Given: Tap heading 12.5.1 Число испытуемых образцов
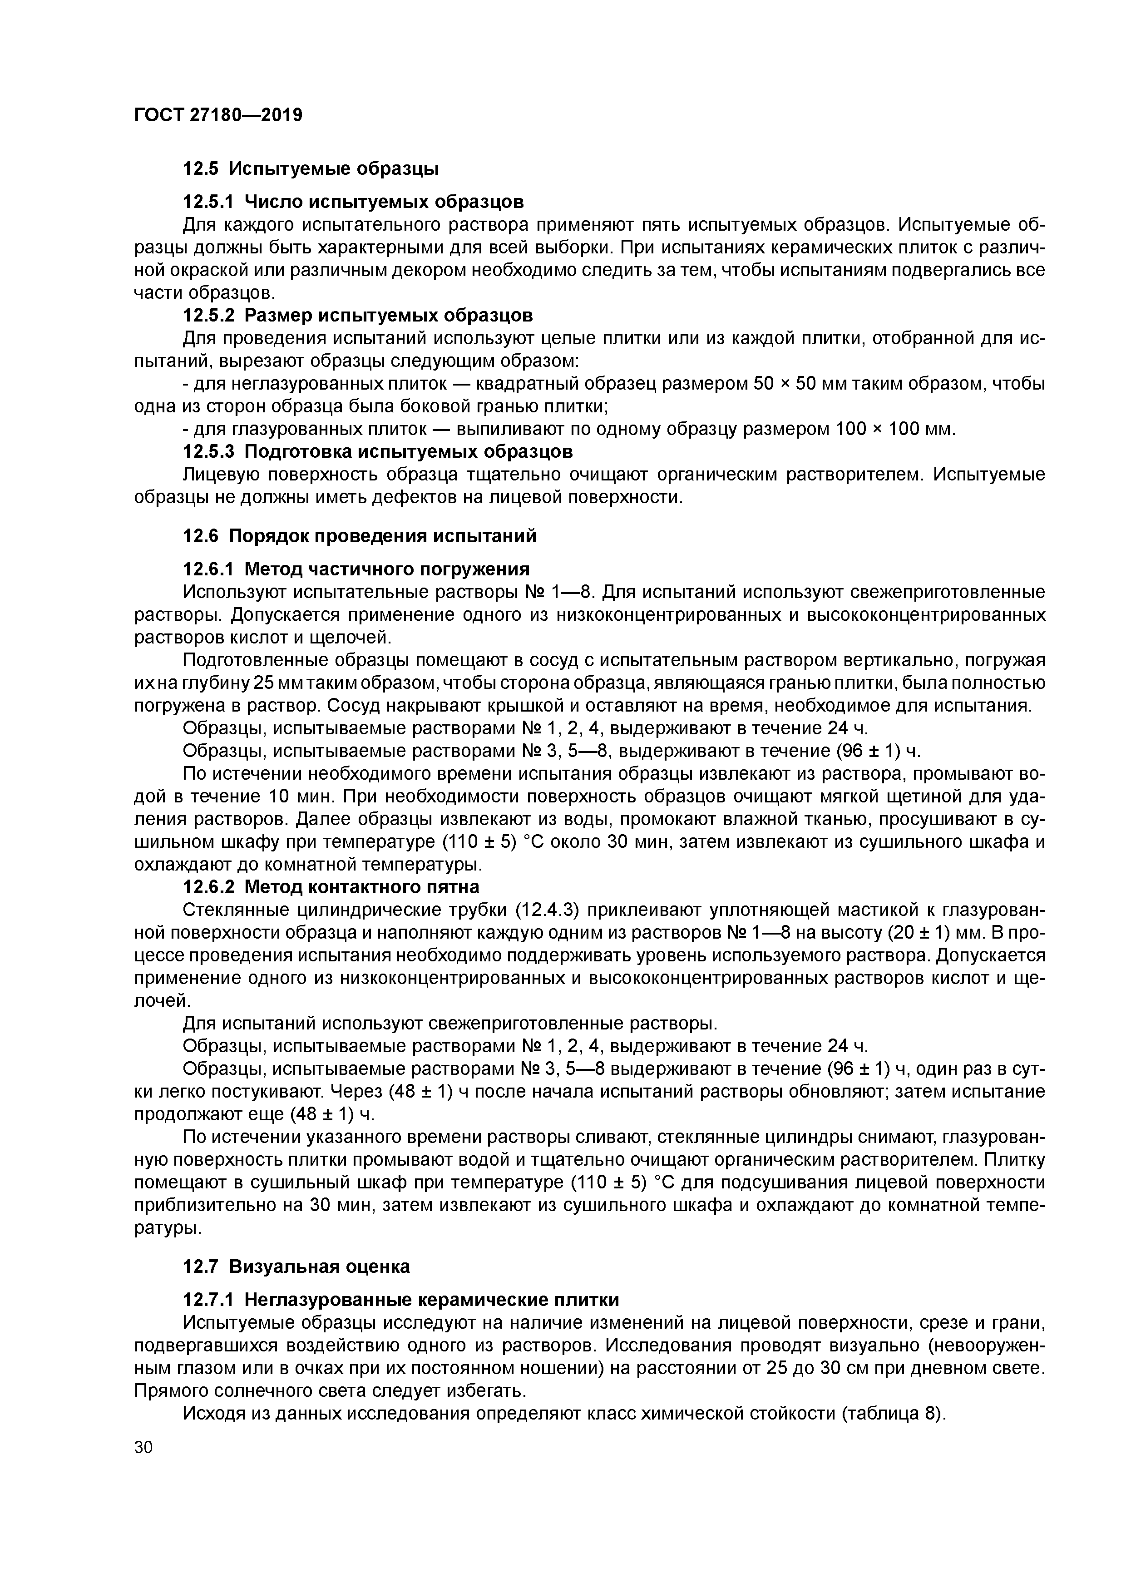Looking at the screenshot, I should point(352,202).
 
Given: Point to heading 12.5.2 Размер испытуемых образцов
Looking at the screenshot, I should point(357,316).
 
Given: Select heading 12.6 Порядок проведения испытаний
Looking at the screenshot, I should point(360,536).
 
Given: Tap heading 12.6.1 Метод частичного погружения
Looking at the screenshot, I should point(355,569).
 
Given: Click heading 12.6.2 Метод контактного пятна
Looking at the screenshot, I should point(330,887).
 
